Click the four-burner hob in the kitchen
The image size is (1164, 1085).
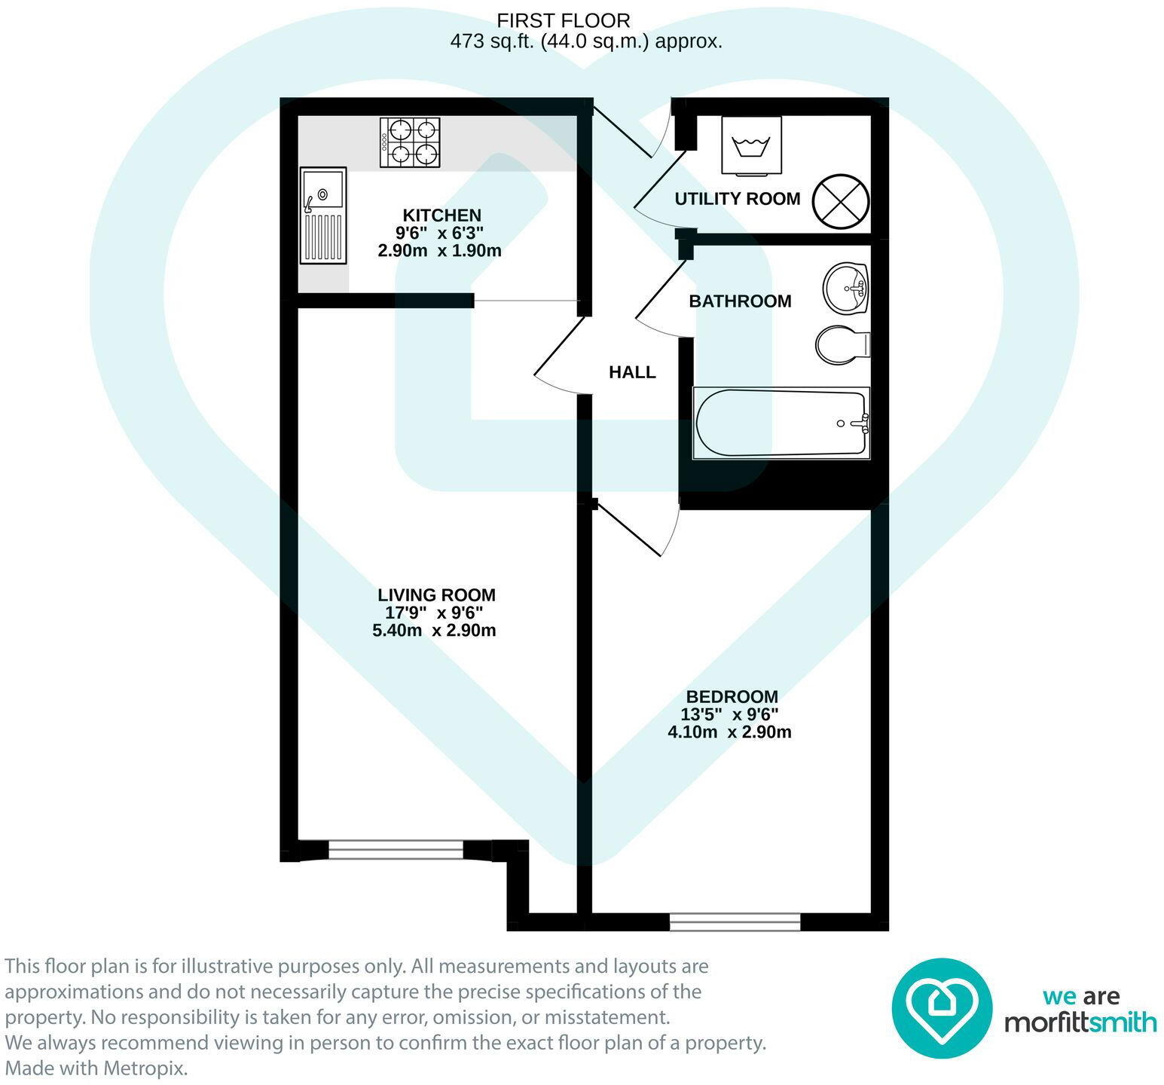pyautogui.click(x=410, y=143)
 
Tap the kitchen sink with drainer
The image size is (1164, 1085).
pyautogui.click(x=324, y=216)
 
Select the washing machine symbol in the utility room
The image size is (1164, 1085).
pyautogui.click(x=751, y=146)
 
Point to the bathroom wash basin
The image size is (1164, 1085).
pyautogui.click(x=846, y=289)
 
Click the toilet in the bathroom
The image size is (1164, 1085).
pyautogui.click(x=842, y=345)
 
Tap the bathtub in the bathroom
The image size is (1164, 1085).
pyautogui.click(x=781, y=423)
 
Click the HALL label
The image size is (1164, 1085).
pyautogui.click(x=632, y=372)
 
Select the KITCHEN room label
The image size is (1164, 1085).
pyautogui.click(x=441, y=215)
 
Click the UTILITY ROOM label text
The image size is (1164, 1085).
pyautogui.click(x=737, y=199)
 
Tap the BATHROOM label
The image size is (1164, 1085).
pyautogui.click(x=740, y=301)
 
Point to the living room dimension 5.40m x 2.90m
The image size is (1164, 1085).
pyautogui.click(x=434, y=631)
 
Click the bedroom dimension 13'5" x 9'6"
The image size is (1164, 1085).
pyautogui.click(x=729, y=714)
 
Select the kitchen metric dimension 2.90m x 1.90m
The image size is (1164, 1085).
pyautogui.click(x=439, y=251)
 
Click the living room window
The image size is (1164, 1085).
pyautogui.click(x=396, y=851)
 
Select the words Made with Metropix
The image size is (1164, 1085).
pyautogui.click(x=96, y=1069)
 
